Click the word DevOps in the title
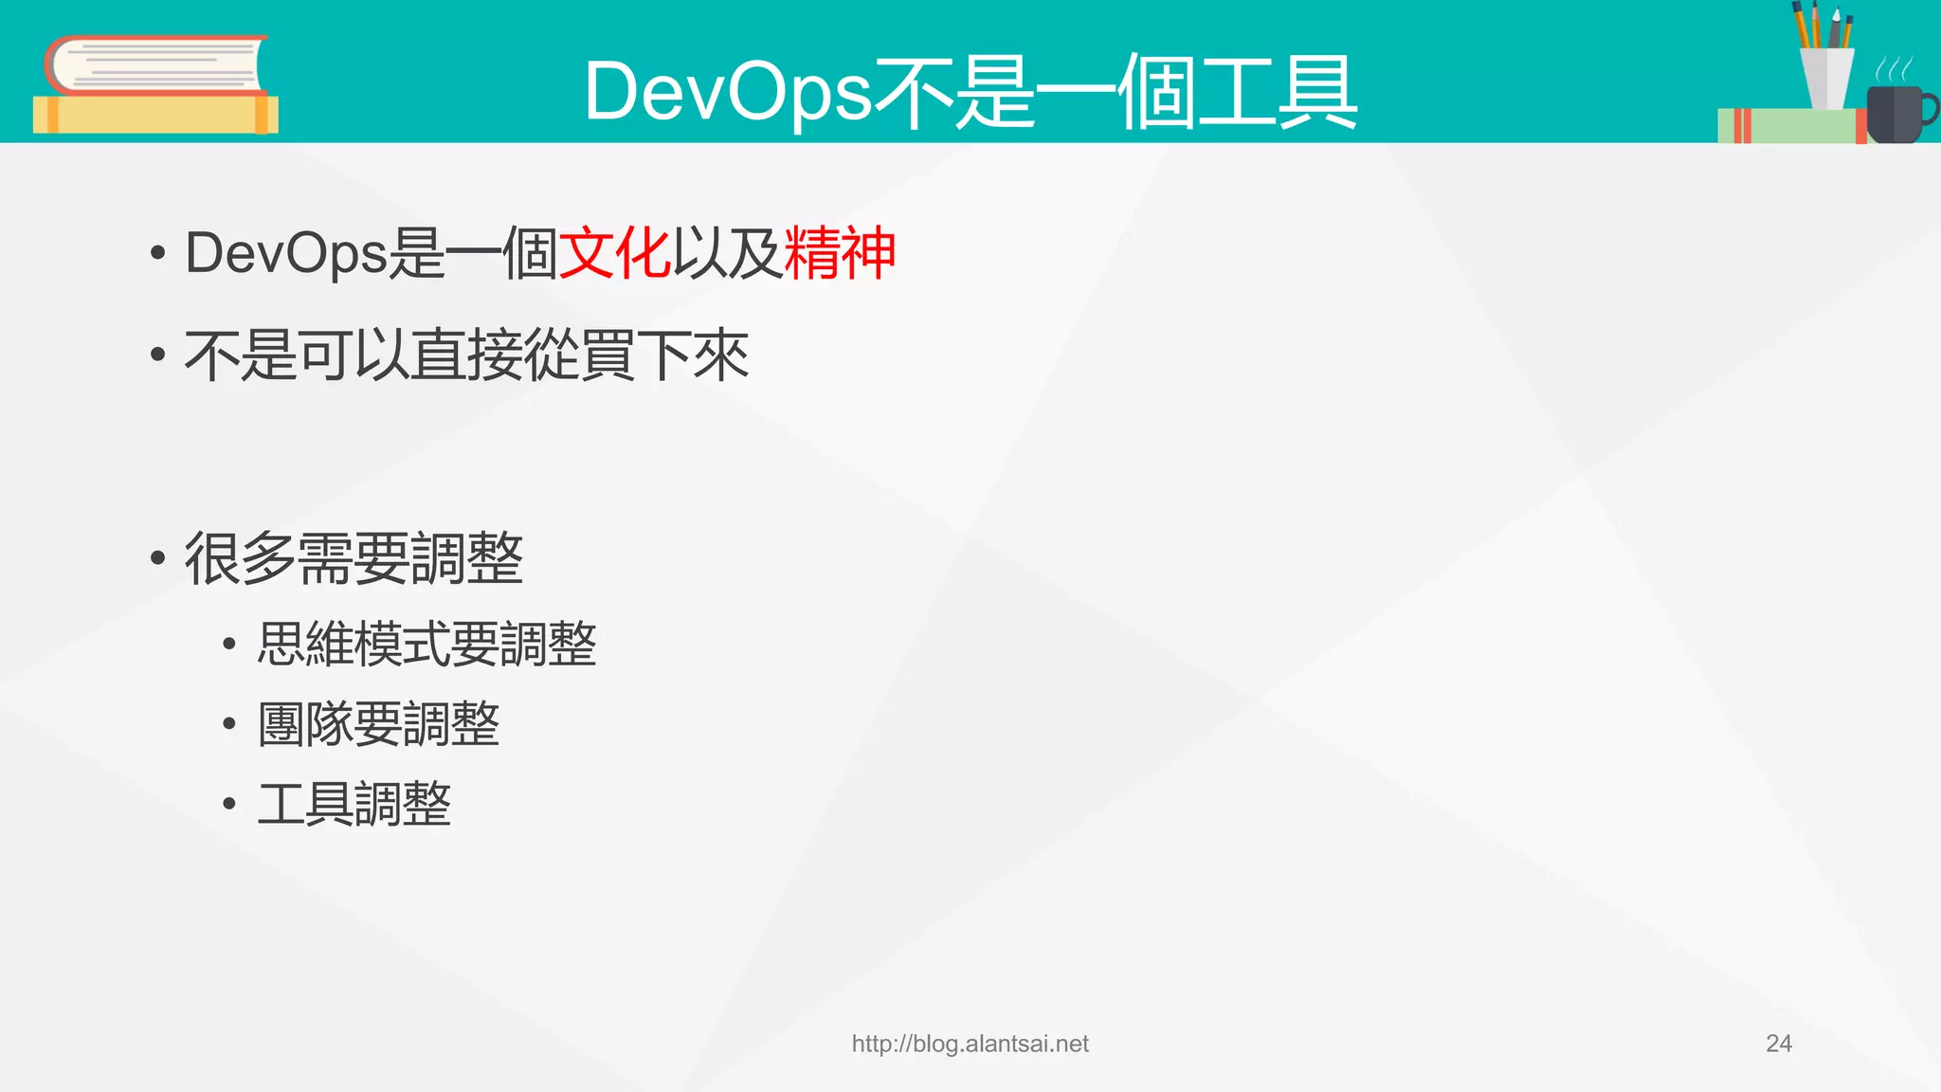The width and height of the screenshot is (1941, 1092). [x=727, y=93]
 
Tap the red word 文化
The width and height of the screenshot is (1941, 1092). [x=614, y=254]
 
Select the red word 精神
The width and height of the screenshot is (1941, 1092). [x=840, y=254]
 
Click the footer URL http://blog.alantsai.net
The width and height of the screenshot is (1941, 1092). [x=970, y=1044]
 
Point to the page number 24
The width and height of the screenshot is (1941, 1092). [x=1778, y=1044]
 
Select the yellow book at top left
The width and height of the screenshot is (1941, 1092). [x=155, y=115]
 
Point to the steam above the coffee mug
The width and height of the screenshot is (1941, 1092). [x=1894, y=69]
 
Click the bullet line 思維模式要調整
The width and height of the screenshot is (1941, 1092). [x=426, y=645]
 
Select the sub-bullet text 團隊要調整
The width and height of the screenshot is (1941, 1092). [x=378, y=724]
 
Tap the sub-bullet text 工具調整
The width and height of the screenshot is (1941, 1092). [x=354, y=805]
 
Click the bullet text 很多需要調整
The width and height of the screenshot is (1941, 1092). [x=354, y=558]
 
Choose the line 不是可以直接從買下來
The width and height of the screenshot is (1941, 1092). [x=466, y=356]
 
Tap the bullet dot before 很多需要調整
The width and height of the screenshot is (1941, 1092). [x=157, y=558]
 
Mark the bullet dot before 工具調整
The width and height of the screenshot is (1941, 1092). [x=228, y=805]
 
